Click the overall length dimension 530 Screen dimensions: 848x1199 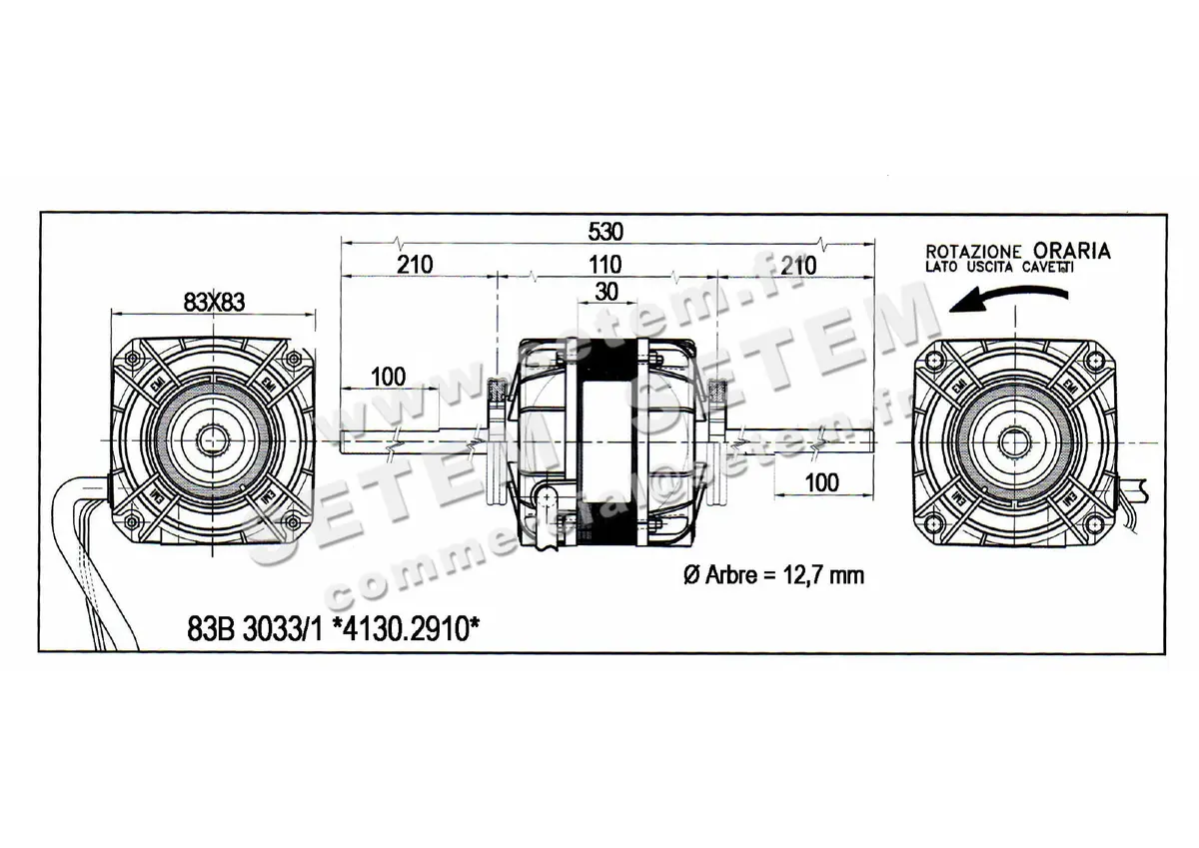point(606,232)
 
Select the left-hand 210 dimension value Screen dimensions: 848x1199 point(414,265)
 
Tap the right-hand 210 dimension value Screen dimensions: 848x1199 point(798,265)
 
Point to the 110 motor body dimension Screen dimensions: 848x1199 point(605,265)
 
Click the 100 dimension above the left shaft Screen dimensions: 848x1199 point(388,377)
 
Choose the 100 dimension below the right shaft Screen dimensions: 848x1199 point(821,482)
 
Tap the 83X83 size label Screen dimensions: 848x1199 point(214,300)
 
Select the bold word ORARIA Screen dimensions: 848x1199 point(1071,250)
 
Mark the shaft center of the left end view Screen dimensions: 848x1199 point(213,440)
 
